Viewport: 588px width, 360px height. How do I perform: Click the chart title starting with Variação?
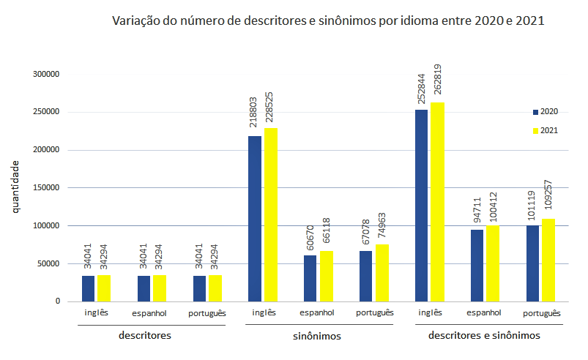[x=328, y=20]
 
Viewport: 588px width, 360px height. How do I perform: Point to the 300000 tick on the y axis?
[x=45, y=74]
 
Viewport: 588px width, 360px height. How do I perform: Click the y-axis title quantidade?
[x=15, y=188]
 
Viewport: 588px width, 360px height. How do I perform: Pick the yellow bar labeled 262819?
[x=437, y=201]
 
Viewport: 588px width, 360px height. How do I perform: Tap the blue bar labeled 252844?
[x=422, y=205]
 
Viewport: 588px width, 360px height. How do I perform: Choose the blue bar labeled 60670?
[x=310, y=278]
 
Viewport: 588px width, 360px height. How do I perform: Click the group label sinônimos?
[x=310, y=337]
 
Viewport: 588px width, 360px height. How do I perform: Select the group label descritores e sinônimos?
[x=484, y=336]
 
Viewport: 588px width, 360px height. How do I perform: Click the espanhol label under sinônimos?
[x=317, y=312]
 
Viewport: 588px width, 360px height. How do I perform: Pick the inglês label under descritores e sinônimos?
[x=430, y=312]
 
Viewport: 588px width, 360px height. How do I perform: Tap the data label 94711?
[x=477, y=209]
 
